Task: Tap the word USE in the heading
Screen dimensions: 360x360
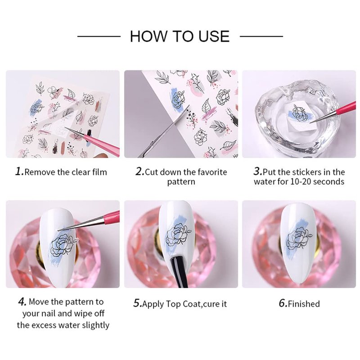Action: pyautogui.click(x=214, y=36)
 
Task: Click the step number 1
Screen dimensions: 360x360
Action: pyautogui.click(x=19, y=171)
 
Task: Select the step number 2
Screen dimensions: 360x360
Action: pyautogui.click(x=139, y=171)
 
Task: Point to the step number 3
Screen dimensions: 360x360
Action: pyautogui.click(x=258, y=171)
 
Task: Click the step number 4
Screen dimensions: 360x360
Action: pyautogui.click(x=22, y=301)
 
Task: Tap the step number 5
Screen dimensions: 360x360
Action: pyautogui.click(x=137, y=303)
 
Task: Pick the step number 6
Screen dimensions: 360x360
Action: pyautogui.click(x=283, y=303)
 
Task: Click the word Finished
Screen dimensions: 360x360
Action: pyautogui.click(x=304, y=304)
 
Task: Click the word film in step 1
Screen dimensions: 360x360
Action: pyautogui.click(x=100, y=172)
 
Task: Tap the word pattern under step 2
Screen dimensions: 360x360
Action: pyautogui.click(x=181, y=182)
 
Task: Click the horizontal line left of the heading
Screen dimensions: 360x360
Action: pyautogui.click(x=99, y=36)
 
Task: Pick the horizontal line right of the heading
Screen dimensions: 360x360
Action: pyautogui.click(x=261, y=36)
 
